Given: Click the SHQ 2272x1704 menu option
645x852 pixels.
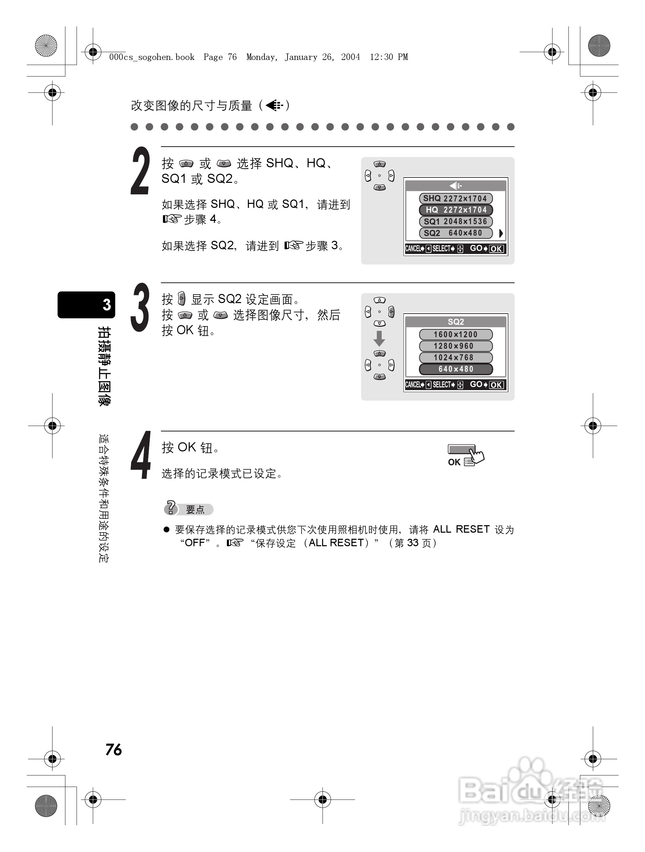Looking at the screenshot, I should [455, 198].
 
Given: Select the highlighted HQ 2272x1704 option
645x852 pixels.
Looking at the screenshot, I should [455, 210].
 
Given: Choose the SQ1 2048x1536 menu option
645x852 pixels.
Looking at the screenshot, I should [455, 221].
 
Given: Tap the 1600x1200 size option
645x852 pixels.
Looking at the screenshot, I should [455, 334].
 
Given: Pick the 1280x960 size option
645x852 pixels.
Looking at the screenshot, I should [455, 346].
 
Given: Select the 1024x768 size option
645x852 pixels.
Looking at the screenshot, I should [455, 358].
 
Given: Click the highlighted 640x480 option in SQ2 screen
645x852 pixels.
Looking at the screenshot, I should [455, 369].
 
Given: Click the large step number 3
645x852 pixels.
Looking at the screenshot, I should [140, 307].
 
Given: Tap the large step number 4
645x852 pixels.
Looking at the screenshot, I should [141, 455].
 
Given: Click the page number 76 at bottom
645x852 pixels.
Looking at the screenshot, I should [114, 749].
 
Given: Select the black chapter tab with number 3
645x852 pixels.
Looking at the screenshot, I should [86, 305].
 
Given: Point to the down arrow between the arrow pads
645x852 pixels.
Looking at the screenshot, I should [379, 338].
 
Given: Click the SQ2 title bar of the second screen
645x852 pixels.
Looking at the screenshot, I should [455, 322].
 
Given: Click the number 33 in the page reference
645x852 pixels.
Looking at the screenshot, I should [413, 543].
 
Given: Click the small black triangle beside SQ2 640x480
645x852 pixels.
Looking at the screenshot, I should [500, 233].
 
